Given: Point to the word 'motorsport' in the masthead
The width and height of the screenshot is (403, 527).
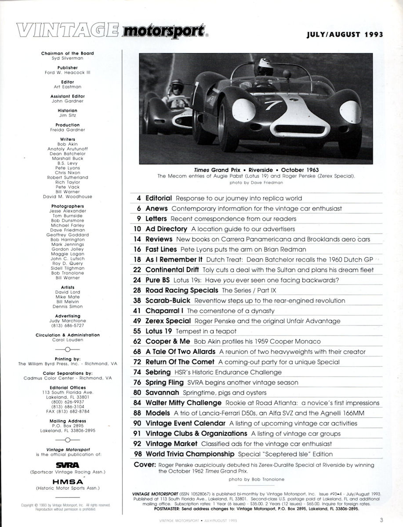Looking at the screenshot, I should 164,32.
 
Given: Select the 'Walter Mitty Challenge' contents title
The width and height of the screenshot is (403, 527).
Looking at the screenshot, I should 183,402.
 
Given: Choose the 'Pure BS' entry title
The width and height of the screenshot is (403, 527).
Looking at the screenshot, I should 160,280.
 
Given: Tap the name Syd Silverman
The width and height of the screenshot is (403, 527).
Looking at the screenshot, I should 67,58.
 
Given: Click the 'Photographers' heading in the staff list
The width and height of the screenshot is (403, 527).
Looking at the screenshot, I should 67,206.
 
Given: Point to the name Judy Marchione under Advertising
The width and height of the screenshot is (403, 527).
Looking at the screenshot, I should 67,320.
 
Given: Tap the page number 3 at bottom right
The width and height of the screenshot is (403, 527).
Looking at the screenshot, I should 382,520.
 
